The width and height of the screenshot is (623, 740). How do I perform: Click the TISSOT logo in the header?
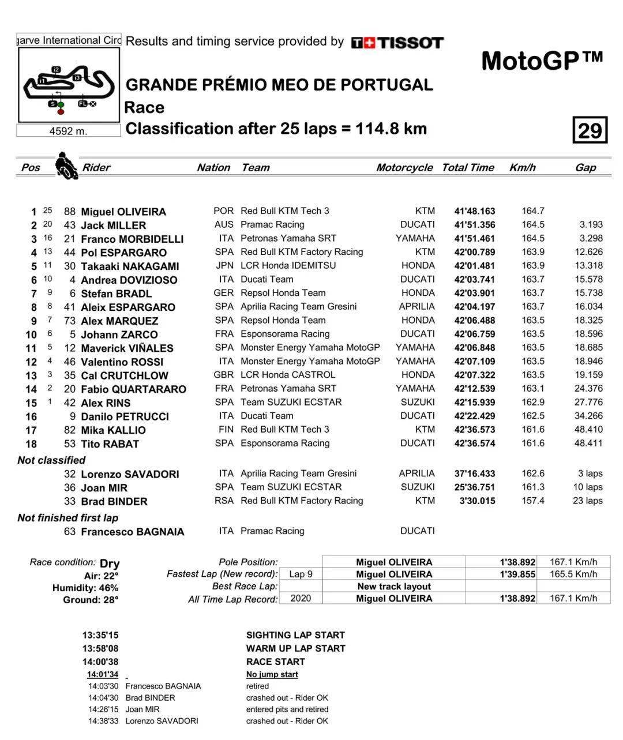point(397,43)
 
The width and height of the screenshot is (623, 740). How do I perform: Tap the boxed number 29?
point(590,130)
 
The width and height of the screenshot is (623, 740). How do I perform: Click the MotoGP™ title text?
point(542,61)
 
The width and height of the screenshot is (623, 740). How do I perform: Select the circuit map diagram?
point(69,84)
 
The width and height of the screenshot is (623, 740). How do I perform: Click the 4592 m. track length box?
point(68,131)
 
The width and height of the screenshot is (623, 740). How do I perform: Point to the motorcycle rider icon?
point(66,166)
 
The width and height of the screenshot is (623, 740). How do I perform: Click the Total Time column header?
point(468,167)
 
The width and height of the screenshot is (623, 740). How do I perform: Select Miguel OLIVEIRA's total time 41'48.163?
point(474,211)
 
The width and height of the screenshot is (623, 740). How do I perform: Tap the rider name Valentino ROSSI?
point(122,362)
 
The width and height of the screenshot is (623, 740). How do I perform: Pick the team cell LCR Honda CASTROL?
point(287,375)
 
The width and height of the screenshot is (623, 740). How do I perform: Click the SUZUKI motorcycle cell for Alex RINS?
point(418,402)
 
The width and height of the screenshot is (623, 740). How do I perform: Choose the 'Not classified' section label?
point(51,460)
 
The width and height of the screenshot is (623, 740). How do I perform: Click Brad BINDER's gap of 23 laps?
point(588,501)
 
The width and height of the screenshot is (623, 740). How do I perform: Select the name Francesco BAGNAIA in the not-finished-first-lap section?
point(132,532)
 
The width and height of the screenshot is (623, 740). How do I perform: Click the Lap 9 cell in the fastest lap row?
point(301,574)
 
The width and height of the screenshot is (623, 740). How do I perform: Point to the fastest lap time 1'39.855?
point(517,574)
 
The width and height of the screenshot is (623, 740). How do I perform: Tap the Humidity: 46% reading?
point(85,588)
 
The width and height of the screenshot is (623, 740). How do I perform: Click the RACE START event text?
point(275,662)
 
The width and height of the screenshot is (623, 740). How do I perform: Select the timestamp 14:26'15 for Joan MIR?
point(103,709)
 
